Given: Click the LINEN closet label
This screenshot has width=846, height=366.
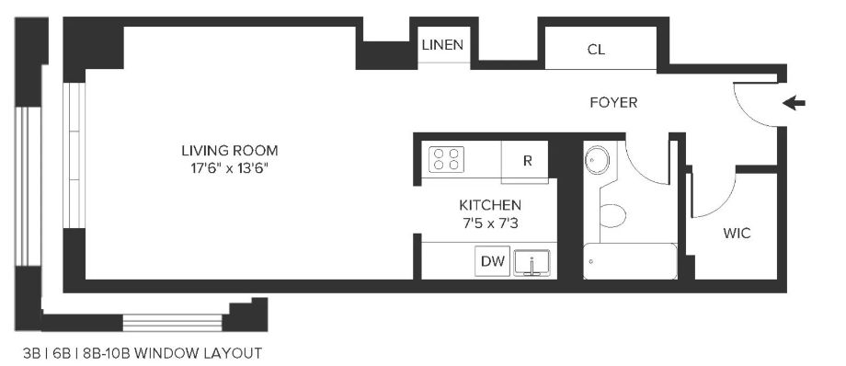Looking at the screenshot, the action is click(442, 45).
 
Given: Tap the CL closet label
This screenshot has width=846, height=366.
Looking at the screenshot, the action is click(596, 50).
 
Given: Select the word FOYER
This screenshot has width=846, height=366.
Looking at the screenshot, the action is click(613, 103).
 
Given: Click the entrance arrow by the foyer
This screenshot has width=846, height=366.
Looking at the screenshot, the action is click(794, 103).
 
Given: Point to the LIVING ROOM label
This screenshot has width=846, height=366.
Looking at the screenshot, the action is click(230, 150).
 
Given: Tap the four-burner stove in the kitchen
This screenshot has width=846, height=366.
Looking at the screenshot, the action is click(446, 159).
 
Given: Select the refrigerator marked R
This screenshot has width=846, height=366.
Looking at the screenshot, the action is click(525, 161).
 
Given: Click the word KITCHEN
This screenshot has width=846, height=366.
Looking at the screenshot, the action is click(490, 205).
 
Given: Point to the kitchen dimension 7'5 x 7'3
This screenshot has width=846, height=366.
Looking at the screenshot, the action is click(489, 223).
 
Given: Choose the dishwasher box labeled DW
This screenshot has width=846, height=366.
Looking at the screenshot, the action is click(493, 261).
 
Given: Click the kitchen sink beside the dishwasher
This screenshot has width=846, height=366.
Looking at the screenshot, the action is click(532, 263).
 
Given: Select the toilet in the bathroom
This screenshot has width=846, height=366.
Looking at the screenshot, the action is click(613, 215).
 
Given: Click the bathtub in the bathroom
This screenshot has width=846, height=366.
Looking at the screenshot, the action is click(630, 261).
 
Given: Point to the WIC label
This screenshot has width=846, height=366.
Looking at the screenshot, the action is click(737, 234).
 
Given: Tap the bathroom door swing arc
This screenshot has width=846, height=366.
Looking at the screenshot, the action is click(638, 172).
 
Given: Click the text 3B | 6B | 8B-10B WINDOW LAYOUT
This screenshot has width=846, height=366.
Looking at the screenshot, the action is click(143, 353).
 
